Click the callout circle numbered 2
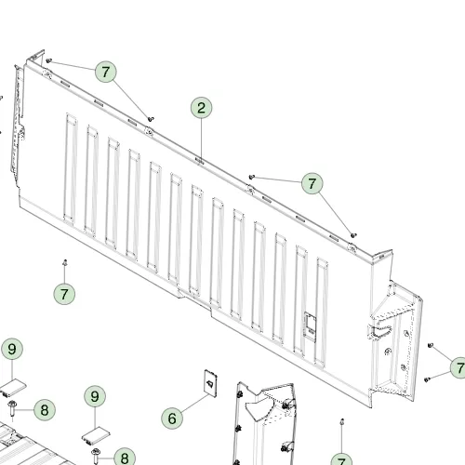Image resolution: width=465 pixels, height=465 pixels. pyautogui.click(x=201, y=108)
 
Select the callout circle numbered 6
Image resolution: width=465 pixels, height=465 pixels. pyautogui.click(x=172, y=418)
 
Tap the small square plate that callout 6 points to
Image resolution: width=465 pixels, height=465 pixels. pyautogui.click(x=210, y=383)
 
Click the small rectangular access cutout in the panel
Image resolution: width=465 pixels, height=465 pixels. pyautogui.click(x=311, y=325)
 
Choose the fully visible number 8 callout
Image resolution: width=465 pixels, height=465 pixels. pyautogui.click(x=45, y=410)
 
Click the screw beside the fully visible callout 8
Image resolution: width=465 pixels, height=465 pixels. pyautogui.click(x=12, y=409)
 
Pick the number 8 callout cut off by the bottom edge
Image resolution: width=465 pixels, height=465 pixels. pyautogui.click(x=125, y=458)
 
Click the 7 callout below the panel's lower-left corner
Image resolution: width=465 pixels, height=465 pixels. pyautogui.click(x=64, y=294)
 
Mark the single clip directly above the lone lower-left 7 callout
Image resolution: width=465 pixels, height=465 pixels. pyautogui.click(x=65, y=263)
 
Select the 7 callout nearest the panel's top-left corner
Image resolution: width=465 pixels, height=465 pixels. pyautogui.click(x=106, y=72)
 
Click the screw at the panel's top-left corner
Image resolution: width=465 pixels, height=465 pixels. pyautogui.click(x=48, y=60)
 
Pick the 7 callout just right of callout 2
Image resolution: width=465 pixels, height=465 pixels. pyautogui.click(x=312, y=183)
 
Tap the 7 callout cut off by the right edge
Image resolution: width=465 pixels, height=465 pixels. pyautogui.click(x=458, y=367)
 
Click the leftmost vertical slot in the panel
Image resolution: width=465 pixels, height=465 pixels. pyautogui.click(x=71, y=167)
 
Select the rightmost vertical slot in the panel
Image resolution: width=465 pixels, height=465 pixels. pyautogui.click(x=322, y=312)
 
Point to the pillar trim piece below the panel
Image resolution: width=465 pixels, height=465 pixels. pyautogui.click(x=263, y=425)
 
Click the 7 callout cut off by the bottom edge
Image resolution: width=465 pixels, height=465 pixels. pyautogui.click(x=341, y=459)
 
